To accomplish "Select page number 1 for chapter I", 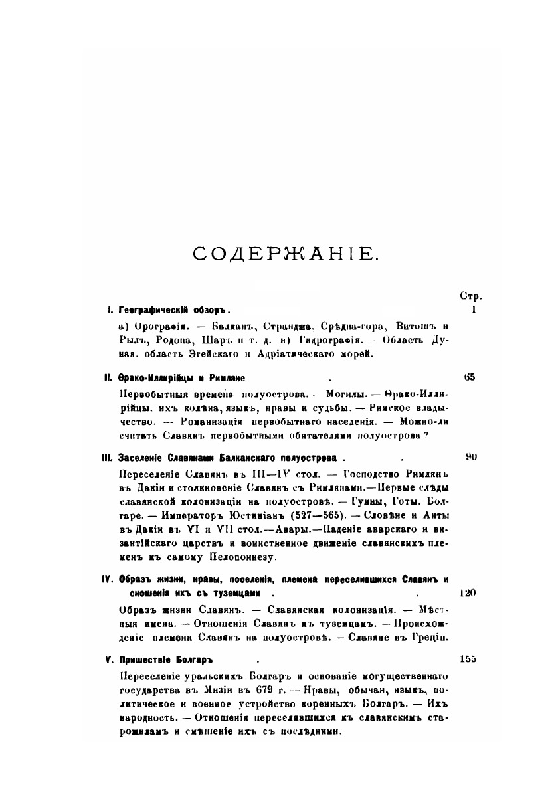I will tap(473, 309).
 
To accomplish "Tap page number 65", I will tap(470, 377).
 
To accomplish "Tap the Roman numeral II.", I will tap(107, 378).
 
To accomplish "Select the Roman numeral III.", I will tap(106, 458).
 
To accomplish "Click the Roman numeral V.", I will tap(108, 660).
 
